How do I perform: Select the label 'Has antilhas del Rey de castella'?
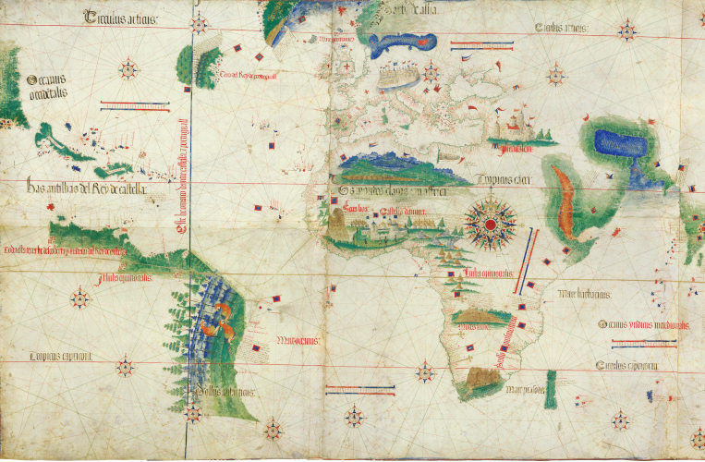click(88, 188)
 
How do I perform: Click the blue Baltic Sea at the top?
click(401, 42)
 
